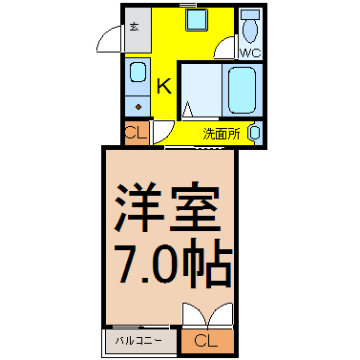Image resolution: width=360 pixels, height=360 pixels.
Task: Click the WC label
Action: coord(250,53)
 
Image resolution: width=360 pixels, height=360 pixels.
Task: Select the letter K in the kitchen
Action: coord(164,86)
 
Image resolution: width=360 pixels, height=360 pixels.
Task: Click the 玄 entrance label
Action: coord(134,27)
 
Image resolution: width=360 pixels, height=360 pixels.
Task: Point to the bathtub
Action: coord(243,90)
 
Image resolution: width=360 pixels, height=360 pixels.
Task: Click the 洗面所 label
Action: coord(222,135)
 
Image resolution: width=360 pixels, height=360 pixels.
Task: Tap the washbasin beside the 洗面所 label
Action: coord(255,133)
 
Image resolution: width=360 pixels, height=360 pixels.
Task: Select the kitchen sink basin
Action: coord(138,73)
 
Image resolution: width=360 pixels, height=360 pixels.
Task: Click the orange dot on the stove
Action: coord(138,107)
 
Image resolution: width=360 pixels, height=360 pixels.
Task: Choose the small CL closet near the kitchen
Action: coord(137,132)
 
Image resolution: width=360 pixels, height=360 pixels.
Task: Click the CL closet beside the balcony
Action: coord(207,341)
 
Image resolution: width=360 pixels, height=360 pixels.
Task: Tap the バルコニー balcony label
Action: coord(138,341)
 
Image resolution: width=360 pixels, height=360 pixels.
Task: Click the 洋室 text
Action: coord(168,206)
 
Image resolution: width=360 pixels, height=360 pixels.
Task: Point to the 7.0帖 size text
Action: coord(175,265)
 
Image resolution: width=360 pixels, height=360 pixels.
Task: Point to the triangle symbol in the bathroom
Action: coord(187,109)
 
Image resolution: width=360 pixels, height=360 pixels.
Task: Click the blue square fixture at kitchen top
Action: coord(197,20)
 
